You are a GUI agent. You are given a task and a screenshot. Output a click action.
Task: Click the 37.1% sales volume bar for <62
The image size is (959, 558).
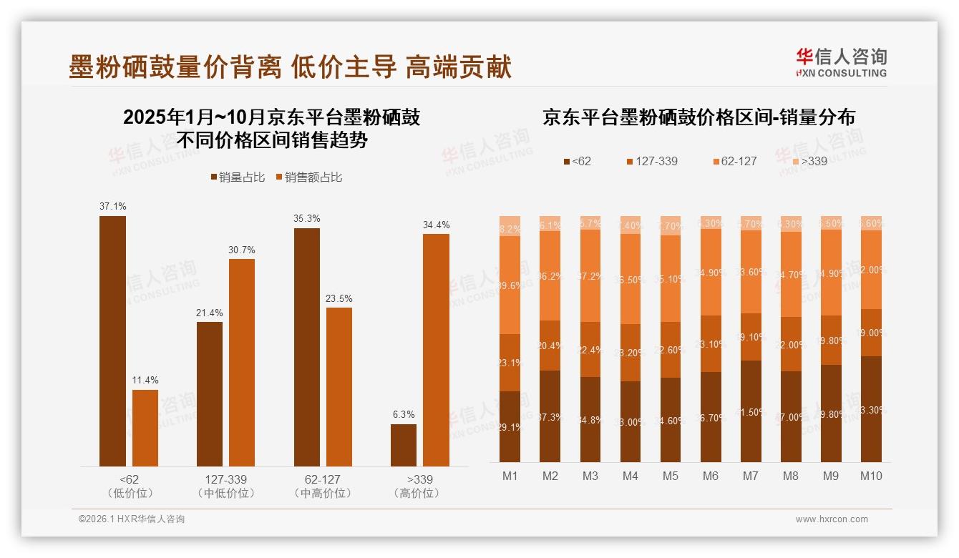[112, 341]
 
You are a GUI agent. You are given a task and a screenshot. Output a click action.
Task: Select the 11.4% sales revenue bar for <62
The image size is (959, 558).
[145, 428]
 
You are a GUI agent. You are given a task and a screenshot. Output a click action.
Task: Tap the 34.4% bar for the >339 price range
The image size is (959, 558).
[436, 350]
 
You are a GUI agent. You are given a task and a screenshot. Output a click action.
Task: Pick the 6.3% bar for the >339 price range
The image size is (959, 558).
[404, 445]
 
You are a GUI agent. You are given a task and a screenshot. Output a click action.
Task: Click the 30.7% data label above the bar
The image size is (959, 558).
[242, 250]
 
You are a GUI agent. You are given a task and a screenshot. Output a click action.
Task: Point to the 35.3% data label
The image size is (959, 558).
[307, 218]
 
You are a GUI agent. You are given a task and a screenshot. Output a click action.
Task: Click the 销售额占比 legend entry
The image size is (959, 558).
[308, 177]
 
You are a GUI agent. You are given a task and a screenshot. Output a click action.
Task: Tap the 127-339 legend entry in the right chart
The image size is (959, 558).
[651, 161]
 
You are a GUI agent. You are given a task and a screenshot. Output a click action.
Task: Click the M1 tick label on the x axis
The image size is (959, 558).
[510, 476]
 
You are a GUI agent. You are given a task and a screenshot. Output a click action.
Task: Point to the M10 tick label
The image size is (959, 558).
[871, 476]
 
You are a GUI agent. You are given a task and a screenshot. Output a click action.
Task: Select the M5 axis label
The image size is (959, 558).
[670, 476]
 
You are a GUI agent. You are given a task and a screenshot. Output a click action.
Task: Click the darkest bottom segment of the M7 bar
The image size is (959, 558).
[751, 411]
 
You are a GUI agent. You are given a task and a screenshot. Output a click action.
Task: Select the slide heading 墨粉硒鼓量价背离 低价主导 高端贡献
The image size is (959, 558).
[290, 67]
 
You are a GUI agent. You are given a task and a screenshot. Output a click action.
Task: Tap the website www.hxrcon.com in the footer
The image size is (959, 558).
[832, 519]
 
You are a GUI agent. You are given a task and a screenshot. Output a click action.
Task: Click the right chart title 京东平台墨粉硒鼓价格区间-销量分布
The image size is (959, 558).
[698, 117]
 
